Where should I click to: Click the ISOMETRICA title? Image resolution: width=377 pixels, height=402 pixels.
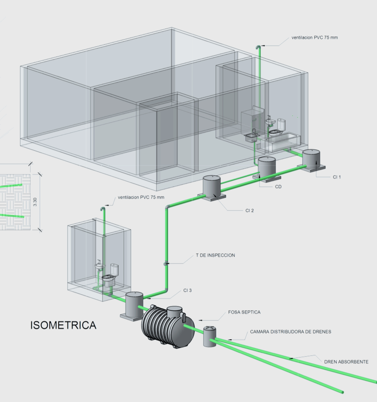point(63,326)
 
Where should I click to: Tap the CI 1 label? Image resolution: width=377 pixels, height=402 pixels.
point(337,177)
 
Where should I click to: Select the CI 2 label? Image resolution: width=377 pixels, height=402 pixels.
point(249,211)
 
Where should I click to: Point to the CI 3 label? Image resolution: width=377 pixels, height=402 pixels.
point(188,290)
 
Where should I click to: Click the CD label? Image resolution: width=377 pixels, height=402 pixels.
point(278,186)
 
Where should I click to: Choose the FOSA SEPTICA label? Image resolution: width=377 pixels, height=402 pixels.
point(244,312)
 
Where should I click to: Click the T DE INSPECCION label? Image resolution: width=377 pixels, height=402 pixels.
point(215,256)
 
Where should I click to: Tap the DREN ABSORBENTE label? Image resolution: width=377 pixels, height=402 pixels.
point(346,362)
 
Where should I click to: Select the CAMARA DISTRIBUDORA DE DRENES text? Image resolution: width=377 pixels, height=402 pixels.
point(290,332)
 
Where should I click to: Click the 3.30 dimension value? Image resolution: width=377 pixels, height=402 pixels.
point(35,202)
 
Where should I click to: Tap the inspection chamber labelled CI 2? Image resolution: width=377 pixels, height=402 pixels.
point(211,186)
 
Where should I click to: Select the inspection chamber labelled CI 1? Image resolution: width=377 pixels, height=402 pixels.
point(311,158)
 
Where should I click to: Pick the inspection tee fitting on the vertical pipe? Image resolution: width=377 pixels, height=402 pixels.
point(166,264)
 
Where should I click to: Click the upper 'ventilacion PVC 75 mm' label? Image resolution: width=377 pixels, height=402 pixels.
point(314,38)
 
